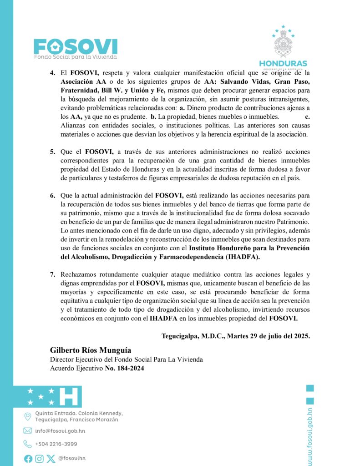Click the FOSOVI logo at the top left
point(76,47)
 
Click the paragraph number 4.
point(52,73)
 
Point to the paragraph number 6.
point(52,195)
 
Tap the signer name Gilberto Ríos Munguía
point(90,350)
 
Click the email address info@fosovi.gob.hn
point(60,431)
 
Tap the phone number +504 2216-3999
point(56,444)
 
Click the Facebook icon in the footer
point(28,459)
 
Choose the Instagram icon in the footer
point(40,459)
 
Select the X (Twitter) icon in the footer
point(51,459)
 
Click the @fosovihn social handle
point(72,459)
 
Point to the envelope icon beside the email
point(28,431)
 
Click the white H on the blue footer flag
point(69,396)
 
